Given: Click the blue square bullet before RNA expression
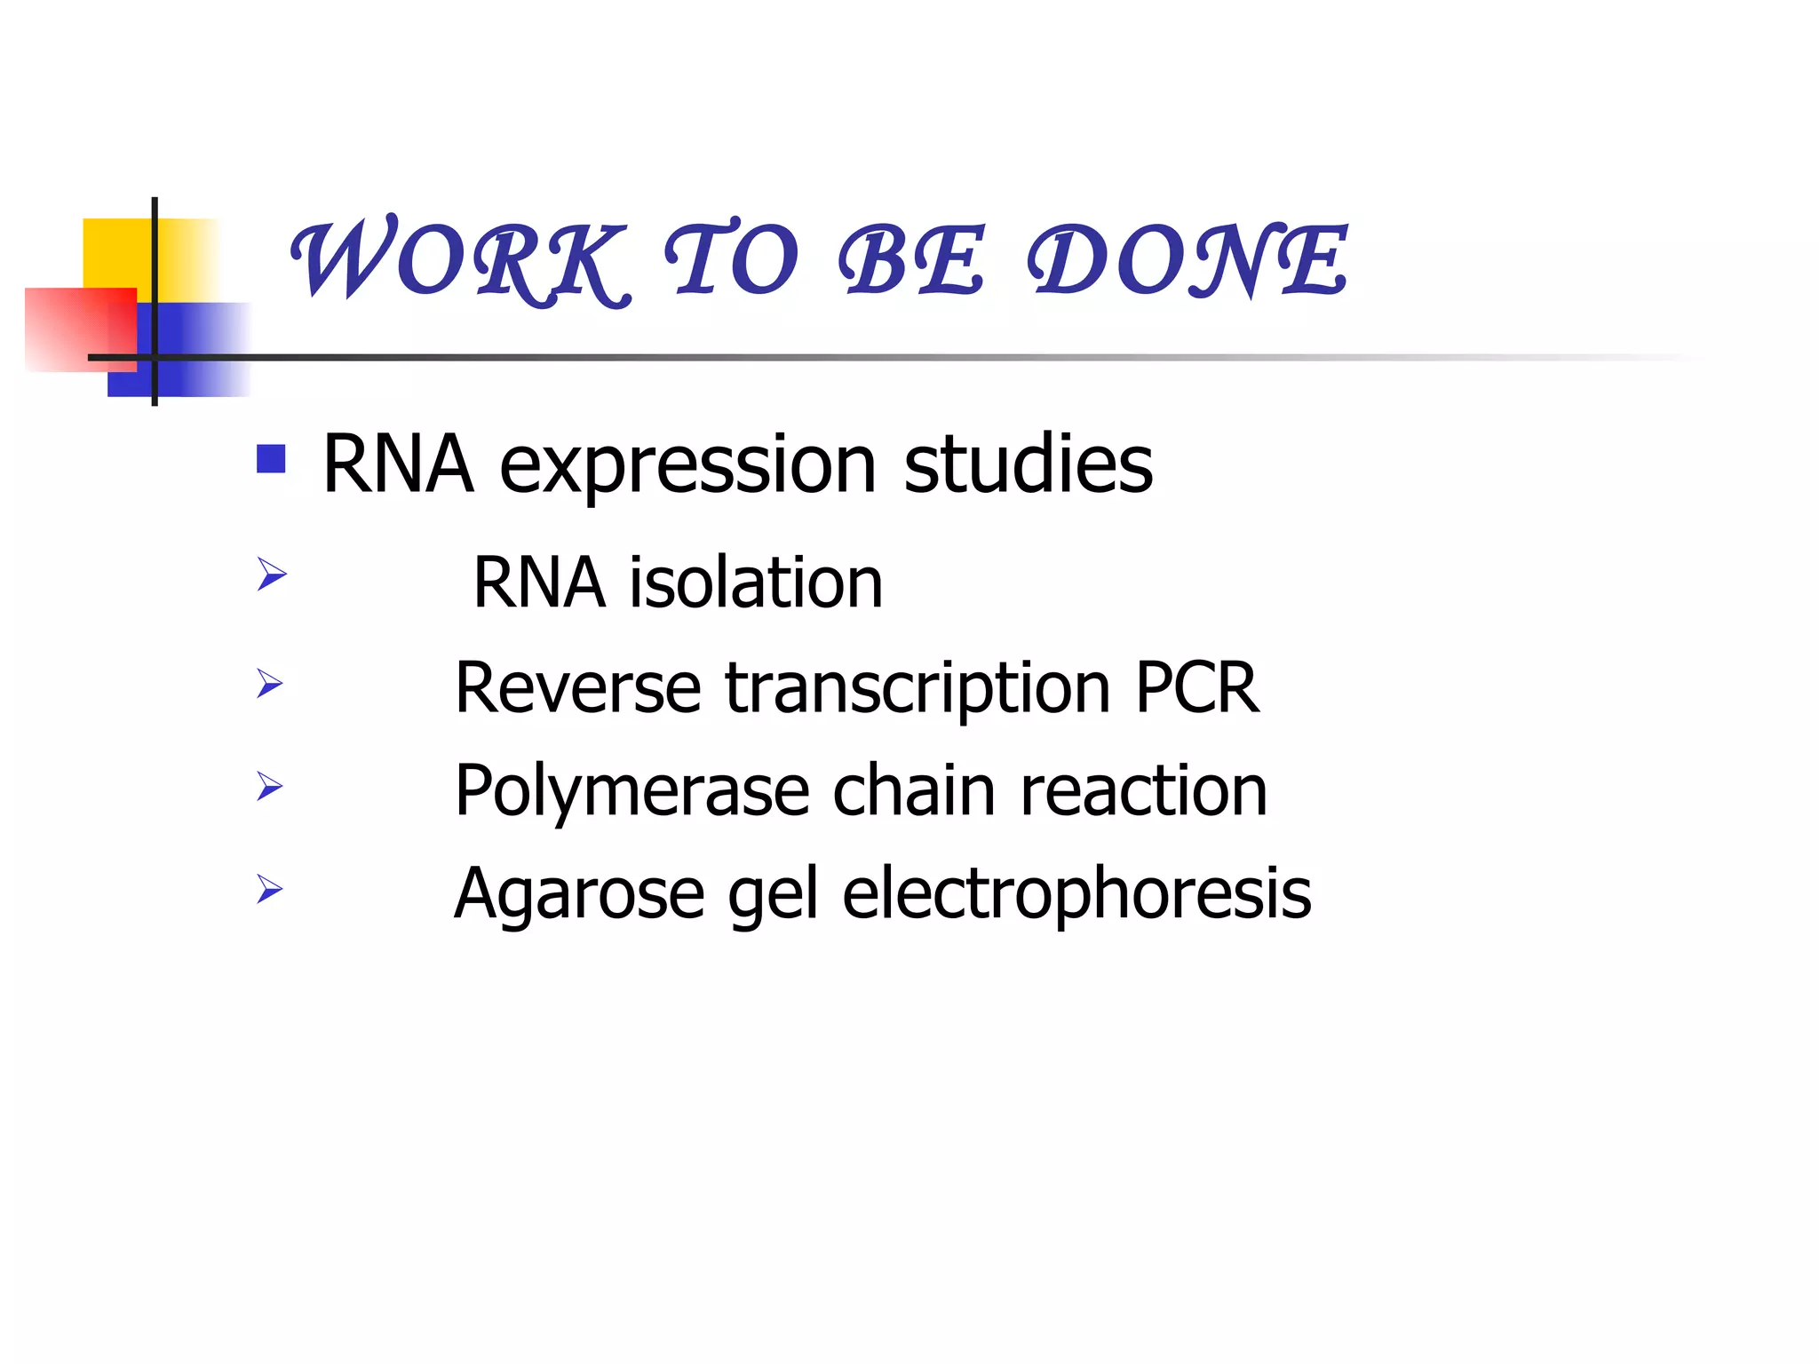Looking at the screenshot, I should (271, 459).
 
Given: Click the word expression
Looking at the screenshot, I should (687, 465).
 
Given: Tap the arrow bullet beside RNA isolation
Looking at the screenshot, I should (271, 574).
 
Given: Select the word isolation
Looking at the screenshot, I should (756, 583).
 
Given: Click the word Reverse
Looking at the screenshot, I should (577, 688).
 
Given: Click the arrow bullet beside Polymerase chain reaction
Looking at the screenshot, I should (270, 786).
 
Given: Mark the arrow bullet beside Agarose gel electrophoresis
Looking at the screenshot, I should (270, 888).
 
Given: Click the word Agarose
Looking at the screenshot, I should (579, 894).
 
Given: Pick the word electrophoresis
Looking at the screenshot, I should (1076, 894).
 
